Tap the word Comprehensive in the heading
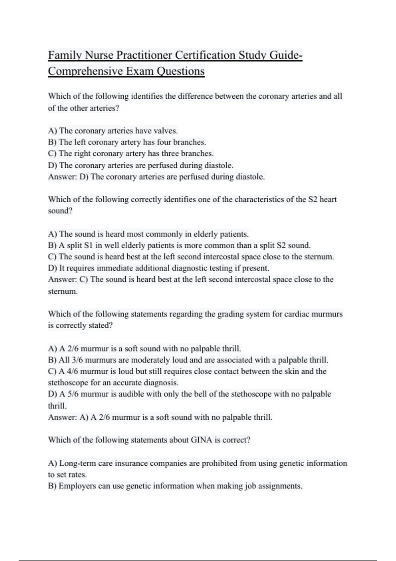click(x=84, y=71)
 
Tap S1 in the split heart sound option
click(x=90, y=246)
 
